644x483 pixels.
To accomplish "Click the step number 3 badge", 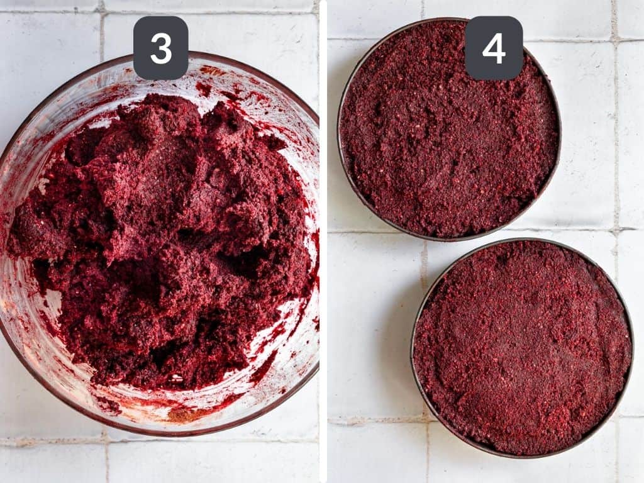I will (160, 48).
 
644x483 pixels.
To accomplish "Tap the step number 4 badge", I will (494, 48).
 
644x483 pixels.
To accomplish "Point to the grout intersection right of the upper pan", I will (615, 228).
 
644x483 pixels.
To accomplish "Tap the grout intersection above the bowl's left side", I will (101, 11).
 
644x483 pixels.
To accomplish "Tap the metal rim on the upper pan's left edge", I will (340, 126).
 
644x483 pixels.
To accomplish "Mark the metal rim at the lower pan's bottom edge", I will (522, 455).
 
